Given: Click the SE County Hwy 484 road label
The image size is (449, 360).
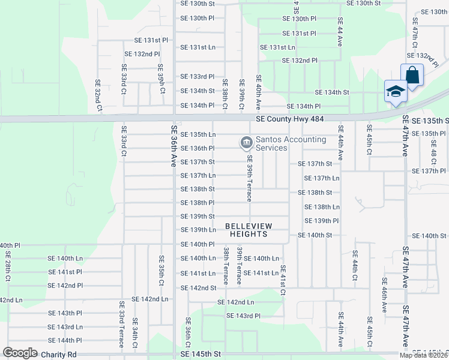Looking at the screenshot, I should click(x=289, y=120).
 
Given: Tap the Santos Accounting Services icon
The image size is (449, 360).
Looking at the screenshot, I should click(x=246, y=143).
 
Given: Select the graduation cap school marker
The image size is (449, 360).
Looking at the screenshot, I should click(x=396, y=92).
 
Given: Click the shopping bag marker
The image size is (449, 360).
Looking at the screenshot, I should click(x=412, y=76).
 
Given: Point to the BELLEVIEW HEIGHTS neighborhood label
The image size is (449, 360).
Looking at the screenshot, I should click(x=249, y=230).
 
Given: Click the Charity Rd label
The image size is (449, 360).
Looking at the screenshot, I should click(x=59, y=355).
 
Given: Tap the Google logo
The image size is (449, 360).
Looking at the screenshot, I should click(x=20, y=353).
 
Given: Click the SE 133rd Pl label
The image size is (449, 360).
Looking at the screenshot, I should click(x=197, y=77).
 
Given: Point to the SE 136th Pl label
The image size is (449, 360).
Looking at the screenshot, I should click(x=197, y=148).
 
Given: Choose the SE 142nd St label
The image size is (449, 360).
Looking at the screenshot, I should click(x=197, y=288).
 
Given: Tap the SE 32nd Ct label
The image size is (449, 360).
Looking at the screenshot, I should click(x=98, y=95).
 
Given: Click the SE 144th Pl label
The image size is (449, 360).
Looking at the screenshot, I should click(x=65, y=340).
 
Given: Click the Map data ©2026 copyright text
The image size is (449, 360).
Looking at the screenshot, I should click(x=424, y=355).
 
